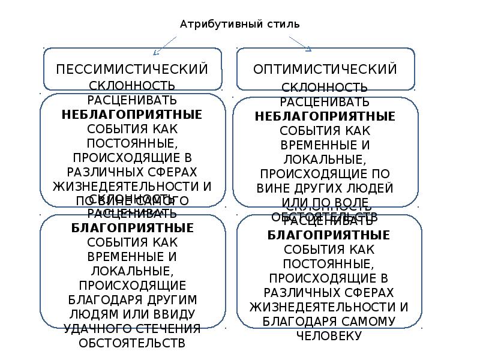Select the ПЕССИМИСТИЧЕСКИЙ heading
click(x=132, y=69)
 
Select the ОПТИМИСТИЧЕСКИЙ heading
click(x=325, y=69)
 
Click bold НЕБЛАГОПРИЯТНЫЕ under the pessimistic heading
click(x=132, y=114)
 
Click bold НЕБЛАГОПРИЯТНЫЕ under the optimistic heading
click(x=325, y=116)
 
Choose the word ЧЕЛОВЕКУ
click(x=329, y=335)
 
